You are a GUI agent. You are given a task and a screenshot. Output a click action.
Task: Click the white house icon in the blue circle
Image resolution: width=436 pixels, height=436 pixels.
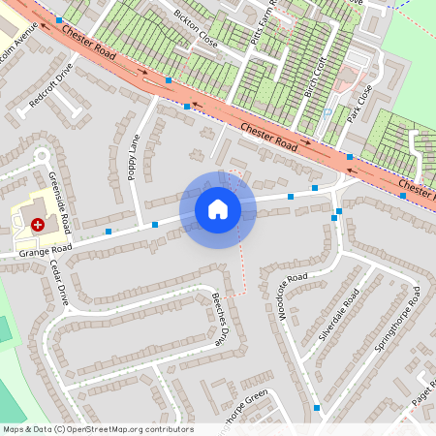[218, 208]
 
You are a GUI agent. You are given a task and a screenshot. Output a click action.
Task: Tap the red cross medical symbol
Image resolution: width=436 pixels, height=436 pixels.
[38, 224]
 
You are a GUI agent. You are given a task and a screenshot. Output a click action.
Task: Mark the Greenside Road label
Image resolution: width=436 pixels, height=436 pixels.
[60, 202]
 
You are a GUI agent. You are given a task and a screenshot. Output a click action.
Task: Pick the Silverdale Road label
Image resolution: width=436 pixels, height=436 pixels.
[339, 314]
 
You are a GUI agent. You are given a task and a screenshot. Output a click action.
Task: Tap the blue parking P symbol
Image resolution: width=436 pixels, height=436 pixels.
[327, 112]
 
